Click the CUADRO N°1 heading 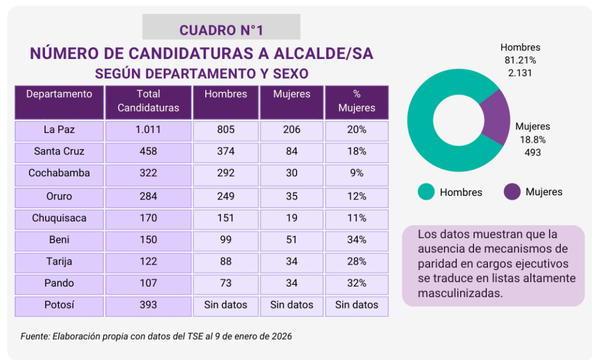tap(221, 30)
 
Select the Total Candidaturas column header tap(148, 101)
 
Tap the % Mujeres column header tap(357, 101)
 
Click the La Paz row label tap(59, 129)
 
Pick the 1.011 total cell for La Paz tap(148, 129)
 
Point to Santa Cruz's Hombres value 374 tap(225, 151)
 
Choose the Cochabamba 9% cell tap(357, 173)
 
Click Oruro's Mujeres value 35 tap(292, 196)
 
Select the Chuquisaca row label tap(59, 218)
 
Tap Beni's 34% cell tap(357, 240)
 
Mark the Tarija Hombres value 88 tap(225, 261)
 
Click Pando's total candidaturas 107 tap(148, 283)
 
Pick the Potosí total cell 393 tap(148, 305)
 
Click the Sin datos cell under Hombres tap(225, 305)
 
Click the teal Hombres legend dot tap(426, 192)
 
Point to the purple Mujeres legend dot tap(512, 192)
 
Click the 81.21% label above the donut tap(520, 60)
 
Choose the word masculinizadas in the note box tap(459, 293)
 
